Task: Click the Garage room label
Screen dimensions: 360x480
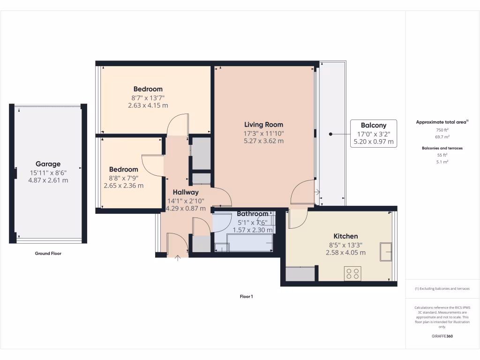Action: [48, 164]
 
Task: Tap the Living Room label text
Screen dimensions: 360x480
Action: [263, 125]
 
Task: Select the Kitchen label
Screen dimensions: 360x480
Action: [345, 236]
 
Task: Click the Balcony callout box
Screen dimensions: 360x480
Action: [374, 134]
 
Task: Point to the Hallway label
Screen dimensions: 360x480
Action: [186, 192]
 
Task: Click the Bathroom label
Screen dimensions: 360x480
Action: [252, 214]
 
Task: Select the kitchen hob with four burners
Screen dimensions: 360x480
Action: [352, 273]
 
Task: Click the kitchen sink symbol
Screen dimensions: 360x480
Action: [386, 251]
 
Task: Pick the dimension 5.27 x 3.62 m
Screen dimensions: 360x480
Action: [263, 141]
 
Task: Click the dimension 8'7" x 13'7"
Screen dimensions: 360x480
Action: [148, 97]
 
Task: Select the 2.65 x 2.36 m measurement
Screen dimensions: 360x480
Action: [124, 186]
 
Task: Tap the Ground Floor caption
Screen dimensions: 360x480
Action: [48, 254]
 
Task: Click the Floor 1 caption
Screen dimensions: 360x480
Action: [246, 297]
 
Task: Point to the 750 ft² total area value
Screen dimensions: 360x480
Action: [442, 130]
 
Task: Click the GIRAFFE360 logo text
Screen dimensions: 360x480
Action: [442, 336]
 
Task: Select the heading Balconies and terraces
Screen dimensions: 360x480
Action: [442, 148]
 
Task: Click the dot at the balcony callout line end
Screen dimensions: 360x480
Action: [330, 134]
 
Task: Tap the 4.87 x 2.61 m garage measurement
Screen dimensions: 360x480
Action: [48, 180]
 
